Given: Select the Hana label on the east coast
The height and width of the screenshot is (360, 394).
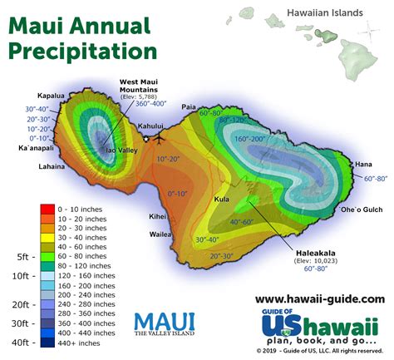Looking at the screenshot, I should pos(364,165).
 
